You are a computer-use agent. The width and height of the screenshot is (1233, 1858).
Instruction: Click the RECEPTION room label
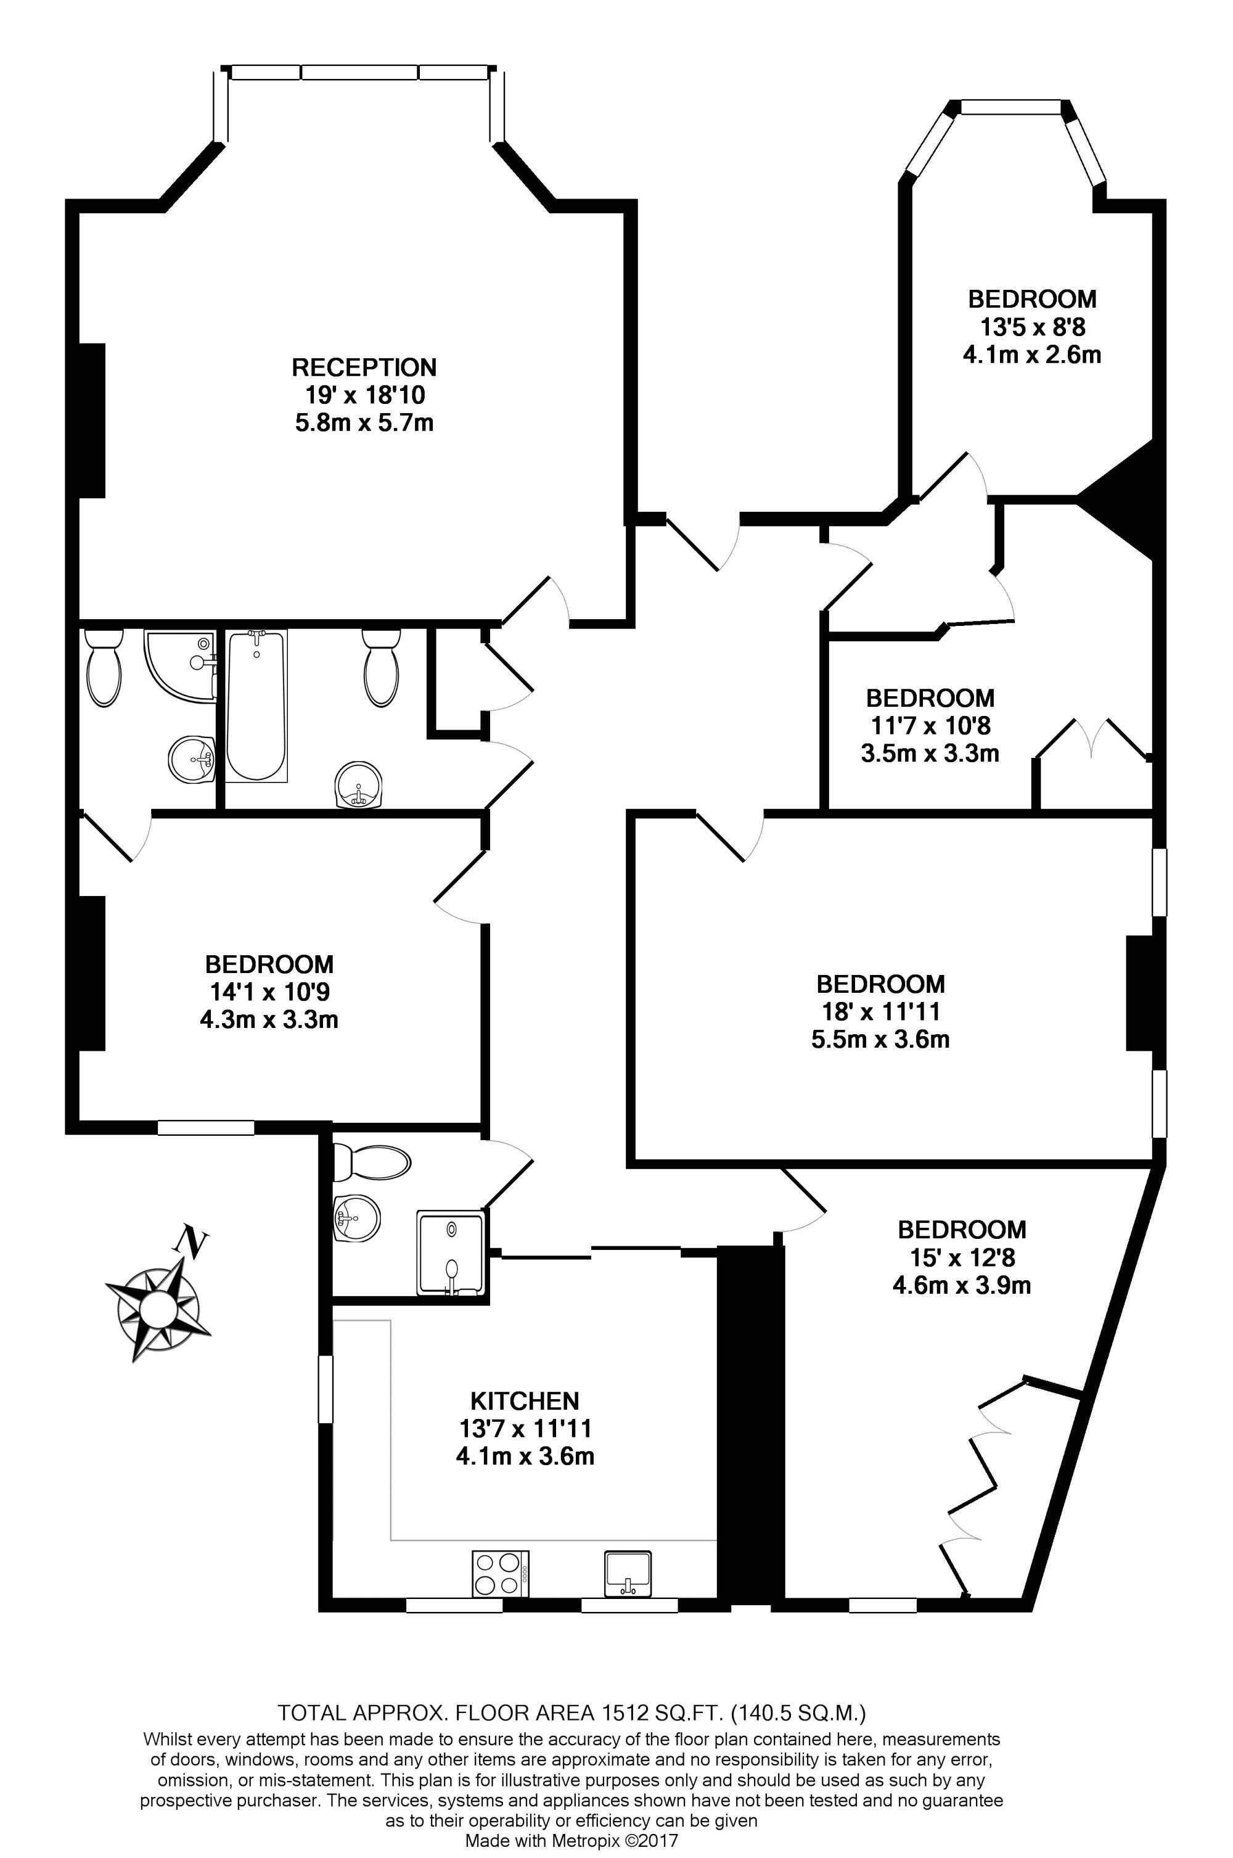[364, 368]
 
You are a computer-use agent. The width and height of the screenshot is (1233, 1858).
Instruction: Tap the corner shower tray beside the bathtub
[180, 665]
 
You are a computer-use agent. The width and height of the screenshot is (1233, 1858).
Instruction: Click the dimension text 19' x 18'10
[364, 395]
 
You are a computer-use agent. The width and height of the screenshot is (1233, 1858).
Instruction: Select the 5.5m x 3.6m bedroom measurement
[881, 1039]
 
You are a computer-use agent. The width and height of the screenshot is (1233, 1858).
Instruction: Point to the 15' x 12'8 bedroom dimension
[962, 1257]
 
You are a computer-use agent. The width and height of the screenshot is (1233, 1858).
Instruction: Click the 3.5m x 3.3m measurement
[930, 753]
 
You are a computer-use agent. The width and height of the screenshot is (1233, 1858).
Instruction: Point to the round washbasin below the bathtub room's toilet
[359, 785]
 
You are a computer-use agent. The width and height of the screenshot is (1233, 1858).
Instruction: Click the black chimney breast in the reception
[91, 421]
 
